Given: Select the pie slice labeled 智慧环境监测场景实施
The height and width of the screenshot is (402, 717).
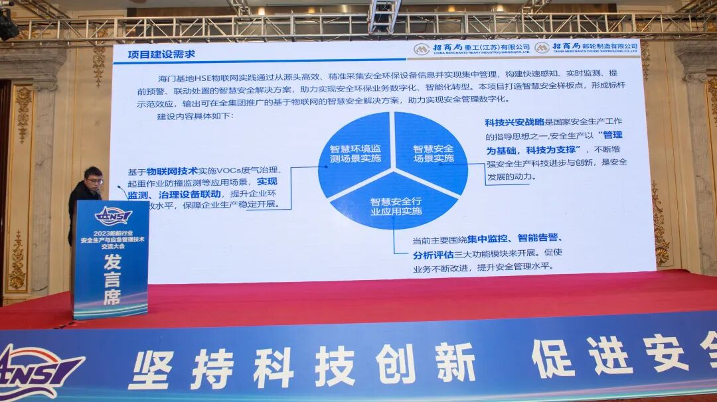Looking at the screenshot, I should (x=355, y=153).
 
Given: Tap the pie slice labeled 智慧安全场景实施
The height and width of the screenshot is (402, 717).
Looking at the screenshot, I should (x=434, y=153).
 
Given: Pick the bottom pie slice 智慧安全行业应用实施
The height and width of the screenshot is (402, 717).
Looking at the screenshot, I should (x=396, y=206).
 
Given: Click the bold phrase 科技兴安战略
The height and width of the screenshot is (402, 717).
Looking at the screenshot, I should (x=515, y=122).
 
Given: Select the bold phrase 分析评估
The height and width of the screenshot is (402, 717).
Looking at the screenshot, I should (x=433, y=255).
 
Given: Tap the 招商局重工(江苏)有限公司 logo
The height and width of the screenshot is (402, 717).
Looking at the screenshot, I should (x=472, y=48).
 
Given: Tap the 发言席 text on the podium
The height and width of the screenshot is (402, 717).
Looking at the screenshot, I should (x=112, y=279).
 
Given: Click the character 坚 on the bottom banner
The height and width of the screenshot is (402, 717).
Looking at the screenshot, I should (x=151, y=369).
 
